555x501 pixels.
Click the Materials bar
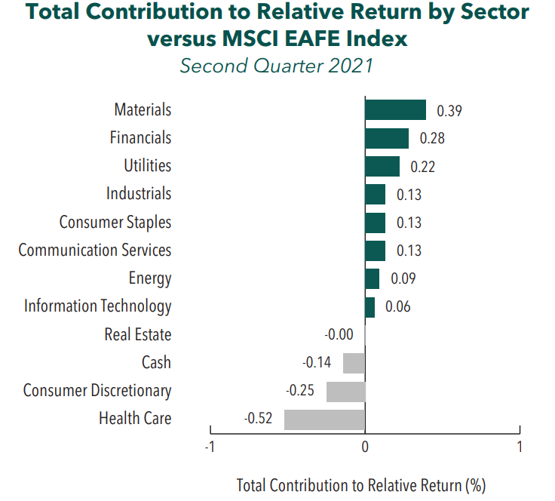[x=395, y=110]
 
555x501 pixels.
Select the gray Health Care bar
[x=324, y=420]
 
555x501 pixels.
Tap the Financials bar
[x=387, y=138]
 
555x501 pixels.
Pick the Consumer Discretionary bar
[x=345, y=392]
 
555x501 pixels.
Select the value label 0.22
[x=422, y=167]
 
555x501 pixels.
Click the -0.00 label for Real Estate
[x=339, y=335]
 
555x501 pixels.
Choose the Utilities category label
[x=147, y=166]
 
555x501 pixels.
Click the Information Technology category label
[x=97, y=306]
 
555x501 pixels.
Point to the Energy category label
[x=151, y=278]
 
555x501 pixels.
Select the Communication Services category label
[x=95, y=250]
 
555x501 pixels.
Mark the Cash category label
[x=156, y=363]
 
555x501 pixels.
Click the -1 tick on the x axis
[x=210, y=446]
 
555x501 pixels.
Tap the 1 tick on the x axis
[x=520, y=446]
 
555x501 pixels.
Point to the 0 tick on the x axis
[x=365, y=446]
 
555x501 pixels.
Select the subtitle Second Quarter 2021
[x=277, y=66]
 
